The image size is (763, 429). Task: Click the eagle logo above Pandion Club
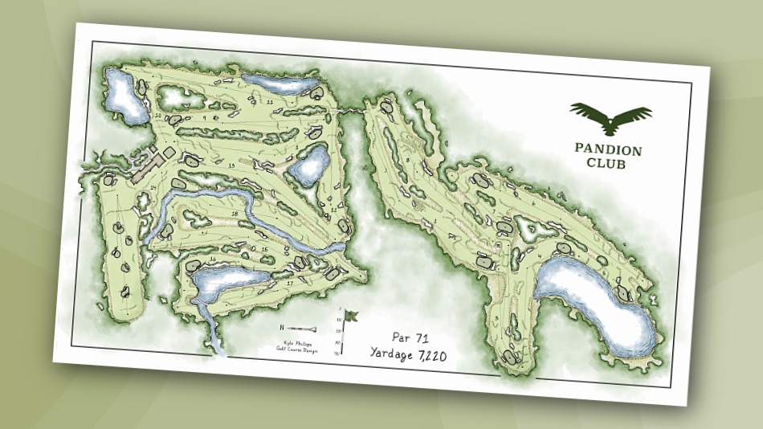pos(610,118)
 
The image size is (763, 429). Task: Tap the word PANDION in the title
pos(608,149)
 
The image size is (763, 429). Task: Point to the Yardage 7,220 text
pos(410,353)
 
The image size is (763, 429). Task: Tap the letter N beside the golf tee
pos(283,327)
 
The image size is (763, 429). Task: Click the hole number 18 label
pos(234,213)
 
